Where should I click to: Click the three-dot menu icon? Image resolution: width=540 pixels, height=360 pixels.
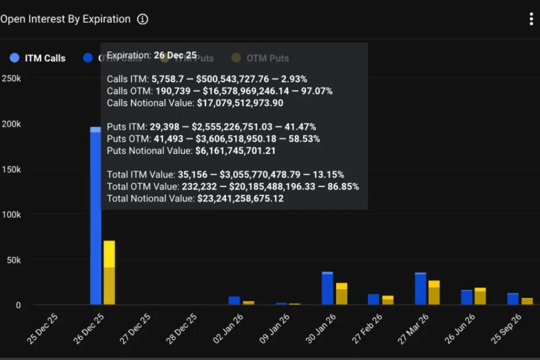[x=531, y=19]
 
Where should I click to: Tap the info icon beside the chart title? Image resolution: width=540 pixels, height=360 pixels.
[x=142, y=19]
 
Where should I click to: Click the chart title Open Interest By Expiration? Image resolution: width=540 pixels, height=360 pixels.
[x=65, y=19]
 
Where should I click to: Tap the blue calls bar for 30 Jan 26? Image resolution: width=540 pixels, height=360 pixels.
[x=327, y=288]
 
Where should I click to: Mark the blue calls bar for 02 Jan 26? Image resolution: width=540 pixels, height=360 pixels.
[x=235, y=300]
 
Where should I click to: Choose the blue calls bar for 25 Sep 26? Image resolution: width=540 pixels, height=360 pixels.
[x=513, y=298]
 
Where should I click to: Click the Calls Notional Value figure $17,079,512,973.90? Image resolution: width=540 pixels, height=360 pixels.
[x=239, y=103]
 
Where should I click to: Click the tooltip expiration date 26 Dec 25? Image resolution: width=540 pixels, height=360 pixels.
[x=176, y=55]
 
